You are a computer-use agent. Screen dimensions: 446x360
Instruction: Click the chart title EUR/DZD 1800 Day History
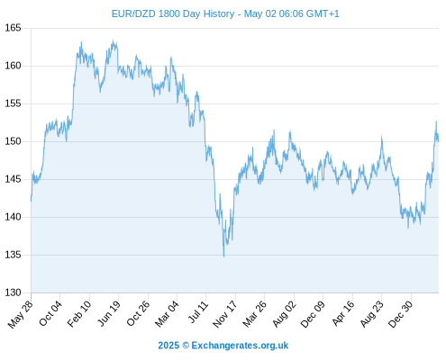(x=173, y=13)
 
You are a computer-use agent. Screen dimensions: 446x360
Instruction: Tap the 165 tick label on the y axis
(x=13, y=28)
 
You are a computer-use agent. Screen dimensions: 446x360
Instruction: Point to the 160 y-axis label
(x=13, y=66)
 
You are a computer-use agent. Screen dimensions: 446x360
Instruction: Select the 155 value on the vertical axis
(x=13, y=103)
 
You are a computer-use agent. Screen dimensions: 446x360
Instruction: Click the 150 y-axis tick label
(x=13, y=141)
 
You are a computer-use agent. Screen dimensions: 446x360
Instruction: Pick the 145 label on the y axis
(x=13, y=179)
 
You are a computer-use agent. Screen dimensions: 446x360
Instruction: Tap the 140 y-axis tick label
(x=13, y=217)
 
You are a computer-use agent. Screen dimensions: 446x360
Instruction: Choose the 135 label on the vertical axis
(x=13, y=255)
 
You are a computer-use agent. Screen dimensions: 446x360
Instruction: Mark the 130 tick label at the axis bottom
(x=13, y=292)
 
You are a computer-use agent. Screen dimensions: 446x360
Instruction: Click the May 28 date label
(x=21, y=314)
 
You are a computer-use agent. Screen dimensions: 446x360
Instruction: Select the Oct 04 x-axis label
(x=50, y=313)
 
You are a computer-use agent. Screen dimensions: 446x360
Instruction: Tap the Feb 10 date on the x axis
(x=79, y=313)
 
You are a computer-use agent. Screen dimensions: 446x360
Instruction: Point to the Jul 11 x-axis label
(x=198, y=312)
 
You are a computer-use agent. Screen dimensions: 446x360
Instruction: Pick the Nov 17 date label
(x=225, y=314)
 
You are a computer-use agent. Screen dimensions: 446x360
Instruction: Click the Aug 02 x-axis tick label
(x=284, y=314)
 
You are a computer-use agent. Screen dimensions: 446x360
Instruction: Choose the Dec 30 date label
(x=400, y=314)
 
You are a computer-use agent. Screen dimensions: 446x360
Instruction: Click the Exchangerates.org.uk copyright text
(x=223, y=346)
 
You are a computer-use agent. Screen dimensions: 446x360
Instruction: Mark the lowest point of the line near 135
(x=224, y=256)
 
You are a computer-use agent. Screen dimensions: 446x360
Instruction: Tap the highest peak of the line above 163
(x=113, y=40)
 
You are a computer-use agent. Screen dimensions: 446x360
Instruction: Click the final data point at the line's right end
(x=439, y=141)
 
